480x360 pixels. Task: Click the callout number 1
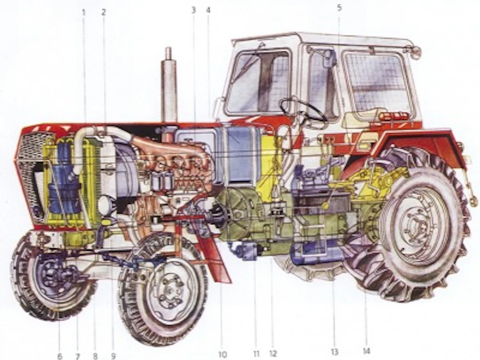pyautogui.click(x=84, y=12)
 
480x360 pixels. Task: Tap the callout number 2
pyautogui.click(x=103, y=12)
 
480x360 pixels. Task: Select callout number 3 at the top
pyautogui.click(x=193, y=10)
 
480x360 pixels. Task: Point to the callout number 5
pyautogui.click(x=339, y=8)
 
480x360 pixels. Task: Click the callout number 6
pyautogui.click(x=60, y=356)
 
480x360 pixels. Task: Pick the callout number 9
pyautogui.click(x=113, y=356)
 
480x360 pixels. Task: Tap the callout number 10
pyautogui.click(x=223, y=355)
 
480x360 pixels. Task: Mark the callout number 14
pyautogui.click(x=366, y=351)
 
